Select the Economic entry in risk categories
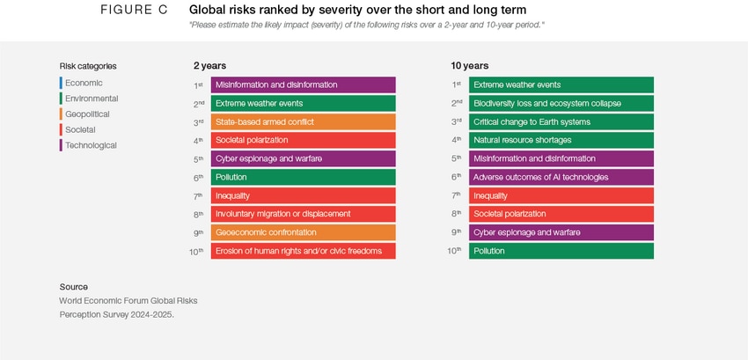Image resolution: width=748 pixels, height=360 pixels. point(84,83)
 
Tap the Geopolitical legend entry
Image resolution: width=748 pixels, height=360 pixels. point(87,114)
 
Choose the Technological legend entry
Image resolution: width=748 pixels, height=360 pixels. point(91,145)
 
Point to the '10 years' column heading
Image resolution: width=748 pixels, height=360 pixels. point(469,65)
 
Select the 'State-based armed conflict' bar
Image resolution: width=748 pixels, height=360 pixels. point(303,121)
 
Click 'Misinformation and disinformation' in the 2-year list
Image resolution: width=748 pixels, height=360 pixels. point(303,84)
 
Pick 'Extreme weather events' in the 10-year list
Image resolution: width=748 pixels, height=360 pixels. point(561,84)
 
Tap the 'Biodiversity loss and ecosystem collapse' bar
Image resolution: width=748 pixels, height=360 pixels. point(561,103)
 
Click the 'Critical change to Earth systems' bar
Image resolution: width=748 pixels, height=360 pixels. point(561,121)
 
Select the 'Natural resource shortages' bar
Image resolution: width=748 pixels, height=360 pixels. point(561,140)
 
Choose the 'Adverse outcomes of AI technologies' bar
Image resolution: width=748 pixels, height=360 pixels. point(561,177)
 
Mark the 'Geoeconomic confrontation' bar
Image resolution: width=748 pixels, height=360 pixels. point(303,232)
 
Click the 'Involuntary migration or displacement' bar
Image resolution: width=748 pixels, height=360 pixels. point(303,214)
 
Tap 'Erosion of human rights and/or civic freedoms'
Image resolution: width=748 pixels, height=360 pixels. point(303,251)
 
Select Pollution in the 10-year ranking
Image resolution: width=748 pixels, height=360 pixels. point(561,251)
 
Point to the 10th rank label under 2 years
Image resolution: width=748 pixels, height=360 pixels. point(196,252)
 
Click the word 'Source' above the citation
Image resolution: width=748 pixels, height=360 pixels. point(74,287)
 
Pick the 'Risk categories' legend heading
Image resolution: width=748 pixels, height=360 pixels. point(88,66)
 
